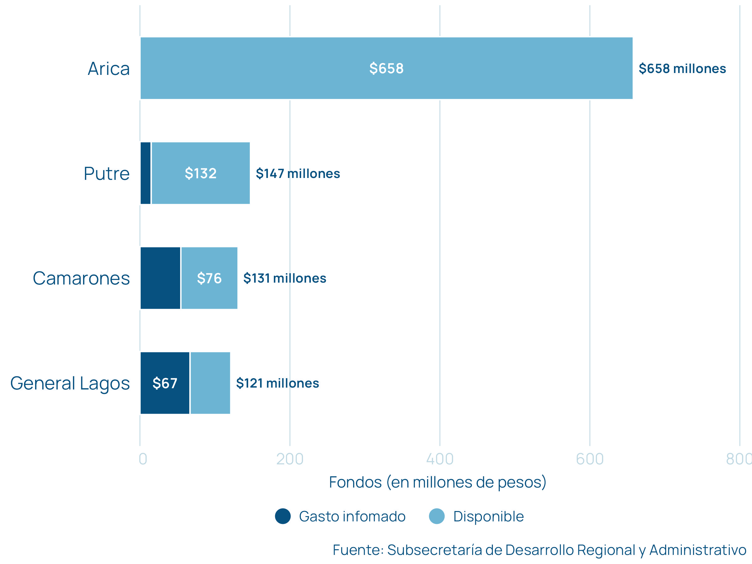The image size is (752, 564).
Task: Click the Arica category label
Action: pos(109,69)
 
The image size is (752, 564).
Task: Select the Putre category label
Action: pos(107,174)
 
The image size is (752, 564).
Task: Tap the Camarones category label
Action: pos(81,279)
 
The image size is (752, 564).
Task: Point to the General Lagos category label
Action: pos(70,384)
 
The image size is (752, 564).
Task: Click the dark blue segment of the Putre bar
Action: pos(145,173)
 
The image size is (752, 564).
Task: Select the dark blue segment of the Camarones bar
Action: pos(160,278)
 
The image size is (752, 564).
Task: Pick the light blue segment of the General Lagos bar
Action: pos(210,383)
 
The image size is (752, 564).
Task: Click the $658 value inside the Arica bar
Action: pos(387,68)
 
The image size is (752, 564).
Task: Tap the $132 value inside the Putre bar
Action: pos(201,173)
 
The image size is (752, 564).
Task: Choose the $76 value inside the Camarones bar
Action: pos(209,279)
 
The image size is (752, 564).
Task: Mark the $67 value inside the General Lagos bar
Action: pos(165,383)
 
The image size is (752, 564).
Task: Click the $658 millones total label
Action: pos(682,69)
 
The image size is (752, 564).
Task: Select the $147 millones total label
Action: pos(298,174)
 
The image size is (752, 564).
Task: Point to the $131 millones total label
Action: pos(285,279)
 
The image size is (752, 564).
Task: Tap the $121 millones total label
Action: pos(277,384)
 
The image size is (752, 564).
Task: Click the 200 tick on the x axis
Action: pos(290,459)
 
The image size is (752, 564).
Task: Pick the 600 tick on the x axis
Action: pos(590,459)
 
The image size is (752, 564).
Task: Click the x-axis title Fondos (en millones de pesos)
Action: pos(437,482)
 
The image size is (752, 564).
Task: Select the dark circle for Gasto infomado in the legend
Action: pos(283,516)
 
